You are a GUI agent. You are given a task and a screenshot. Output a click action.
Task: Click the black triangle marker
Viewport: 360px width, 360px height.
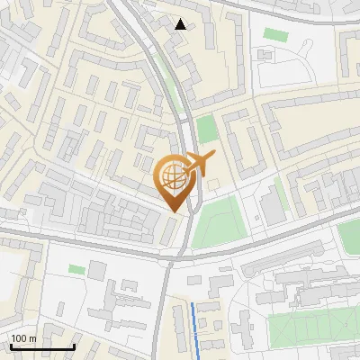(181, 24)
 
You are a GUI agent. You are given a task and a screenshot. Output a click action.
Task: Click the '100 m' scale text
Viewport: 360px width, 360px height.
(23, 338)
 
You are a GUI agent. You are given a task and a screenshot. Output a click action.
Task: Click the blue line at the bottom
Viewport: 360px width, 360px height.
(196, 328)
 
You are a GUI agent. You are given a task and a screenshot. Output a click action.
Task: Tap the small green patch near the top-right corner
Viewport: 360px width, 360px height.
(274, 33)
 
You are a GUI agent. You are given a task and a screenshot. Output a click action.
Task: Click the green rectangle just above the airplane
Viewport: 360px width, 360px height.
(207, 129)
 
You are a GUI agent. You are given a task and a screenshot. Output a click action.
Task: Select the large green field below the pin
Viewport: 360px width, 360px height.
(217, 223)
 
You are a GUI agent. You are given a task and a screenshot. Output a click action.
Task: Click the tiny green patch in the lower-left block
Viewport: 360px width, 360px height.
(77, 269)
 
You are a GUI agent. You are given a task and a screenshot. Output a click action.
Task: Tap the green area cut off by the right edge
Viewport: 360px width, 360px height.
(350, 236)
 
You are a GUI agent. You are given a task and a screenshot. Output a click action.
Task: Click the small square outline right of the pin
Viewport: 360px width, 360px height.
(213, 185)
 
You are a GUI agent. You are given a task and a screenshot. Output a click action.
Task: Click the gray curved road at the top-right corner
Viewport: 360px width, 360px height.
(297, 11)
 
